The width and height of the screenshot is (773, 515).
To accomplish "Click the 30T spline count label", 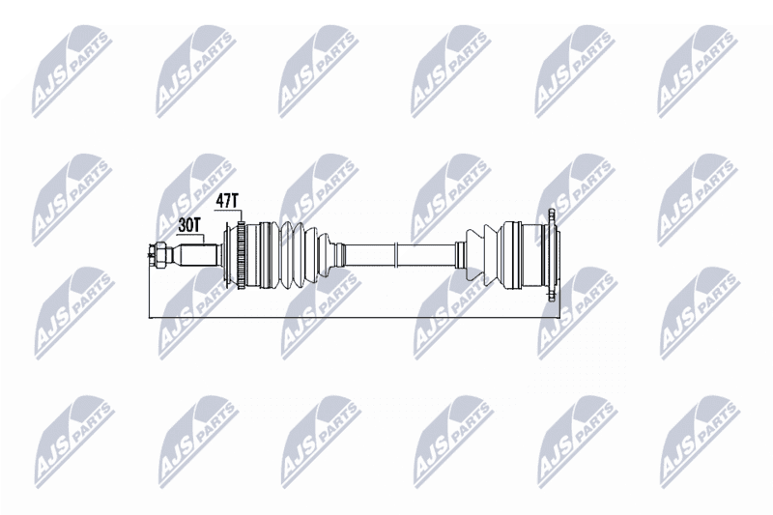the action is click(x=188, y=225).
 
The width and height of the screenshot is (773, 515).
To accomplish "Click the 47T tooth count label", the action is click(x=227, y=201).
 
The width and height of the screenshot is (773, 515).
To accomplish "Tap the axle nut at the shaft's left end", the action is click(x=159, y=255).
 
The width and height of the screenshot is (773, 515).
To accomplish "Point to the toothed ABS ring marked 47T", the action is click(x=241, y=255).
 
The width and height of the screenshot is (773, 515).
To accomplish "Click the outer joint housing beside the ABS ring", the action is click(x=257, y=255).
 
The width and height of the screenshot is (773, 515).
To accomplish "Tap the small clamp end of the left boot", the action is click(x=338, y=255).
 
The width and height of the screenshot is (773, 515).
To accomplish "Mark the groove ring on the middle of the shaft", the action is click(x=396, y=255).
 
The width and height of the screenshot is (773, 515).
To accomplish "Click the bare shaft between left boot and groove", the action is click(x=370, y=255).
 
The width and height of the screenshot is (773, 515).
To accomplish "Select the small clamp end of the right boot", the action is click(x=460, y=255).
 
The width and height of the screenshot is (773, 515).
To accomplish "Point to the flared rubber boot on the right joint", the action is click(x=482, y=255).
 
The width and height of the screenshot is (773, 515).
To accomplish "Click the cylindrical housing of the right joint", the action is click(x=522, y=255).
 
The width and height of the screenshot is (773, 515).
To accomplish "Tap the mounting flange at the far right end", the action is click(x=553, y=255).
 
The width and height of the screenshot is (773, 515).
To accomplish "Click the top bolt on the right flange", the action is click(x=552, y=215).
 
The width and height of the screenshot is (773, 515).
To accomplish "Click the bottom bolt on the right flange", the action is click(x=552, y=295).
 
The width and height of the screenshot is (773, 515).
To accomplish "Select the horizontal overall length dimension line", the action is click(x=354, y=318).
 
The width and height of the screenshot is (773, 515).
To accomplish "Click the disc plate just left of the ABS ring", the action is click(x=229, y=255).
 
